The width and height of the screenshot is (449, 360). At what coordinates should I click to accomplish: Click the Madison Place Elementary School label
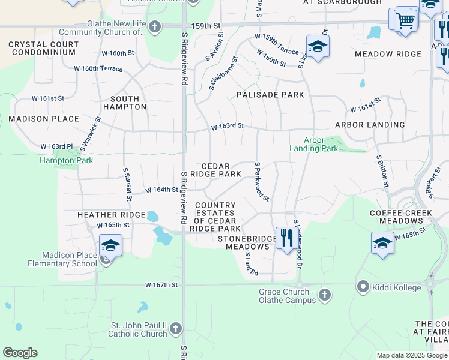point(62,259)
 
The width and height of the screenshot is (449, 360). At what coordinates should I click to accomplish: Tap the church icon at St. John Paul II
point(176,328)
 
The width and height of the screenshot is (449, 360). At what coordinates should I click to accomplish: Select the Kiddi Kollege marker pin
point(362,287)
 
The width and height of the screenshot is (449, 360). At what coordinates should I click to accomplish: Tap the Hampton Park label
point(66,160)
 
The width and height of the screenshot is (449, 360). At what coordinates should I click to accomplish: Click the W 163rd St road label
point(227,127)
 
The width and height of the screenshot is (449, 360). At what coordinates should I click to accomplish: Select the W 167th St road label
point(161,285)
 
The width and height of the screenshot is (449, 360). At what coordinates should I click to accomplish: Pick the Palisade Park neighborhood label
point(270,95)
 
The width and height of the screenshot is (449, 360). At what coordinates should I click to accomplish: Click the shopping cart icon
point(406,20)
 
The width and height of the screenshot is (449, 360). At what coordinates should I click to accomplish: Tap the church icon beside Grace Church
point(324,295)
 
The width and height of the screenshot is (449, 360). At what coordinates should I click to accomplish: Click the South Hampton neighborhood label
point(125,103)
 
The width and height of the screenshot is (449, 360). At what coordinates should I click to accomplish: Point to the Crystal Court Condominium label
point(43,49)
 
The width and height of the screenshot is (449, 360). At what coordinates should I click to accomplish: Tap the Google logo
point(20,353)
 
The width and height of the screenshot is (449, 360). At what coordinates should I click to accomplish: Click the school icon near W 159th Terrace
point(318,45)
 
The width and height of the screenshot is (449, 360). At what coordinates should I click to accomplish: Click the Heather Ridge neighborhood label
point(112,215)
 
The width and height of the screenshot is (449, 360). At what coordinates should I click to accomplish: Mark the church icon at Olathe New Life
point(155,27)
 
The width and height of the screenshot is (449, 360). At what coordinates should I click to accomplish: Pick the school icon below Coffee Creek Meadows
point(382,242)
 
